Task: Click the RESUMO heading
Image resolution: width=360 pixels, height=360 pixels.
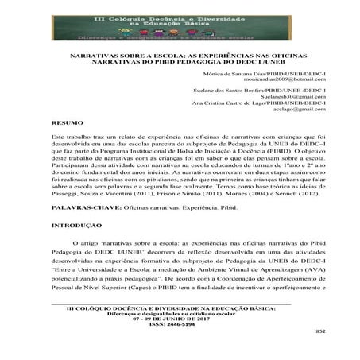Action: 64,124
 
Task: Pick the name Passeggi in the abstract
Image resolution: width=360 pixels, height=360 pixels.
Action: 68,192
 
